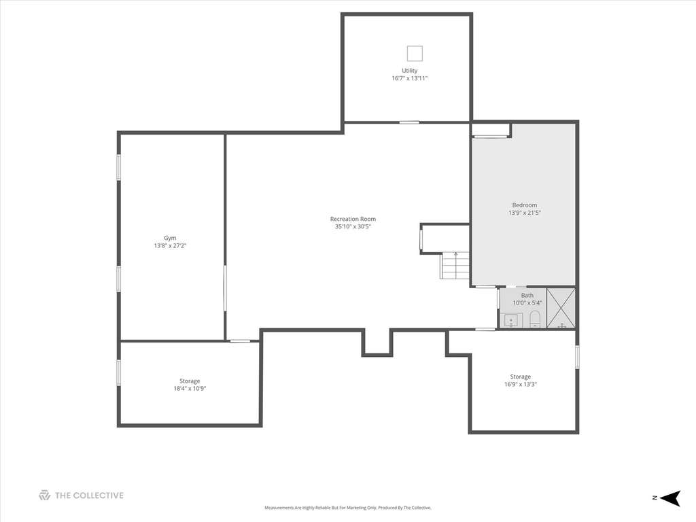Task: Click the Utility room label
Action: (x=410, y=71)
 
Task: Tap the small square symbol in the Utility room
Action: (x=415, y=54)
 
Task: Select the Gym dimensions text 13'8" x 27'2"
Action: (x=170, y=245)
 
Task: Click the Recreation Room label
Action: (x=353, y=219)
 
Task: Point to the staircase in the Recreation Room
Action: (x=455, y=265)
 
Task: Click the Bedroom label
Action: (x=525, y=205)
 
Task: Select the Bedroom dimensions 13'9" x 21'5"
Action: (x=525, y=213)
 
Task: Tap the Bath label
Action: (x=527, y=295)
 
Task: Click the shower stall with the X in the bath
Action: (x=561, y=309)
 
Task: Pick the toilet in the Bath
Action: (x=535, y=319)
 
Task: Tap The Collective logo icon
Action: (x=44, y=495)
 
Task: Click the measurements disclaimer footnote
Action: (x=348, y=508)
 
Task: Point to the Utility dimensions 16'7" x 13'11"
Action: (x=410, y=78)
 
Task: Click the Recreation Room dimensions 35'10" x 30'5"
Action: (x=353, y=226)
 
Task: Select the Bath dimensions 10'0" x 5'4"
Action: (x=527, y=302)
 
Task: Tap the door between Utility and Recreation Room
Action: (x=408, y=122)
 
